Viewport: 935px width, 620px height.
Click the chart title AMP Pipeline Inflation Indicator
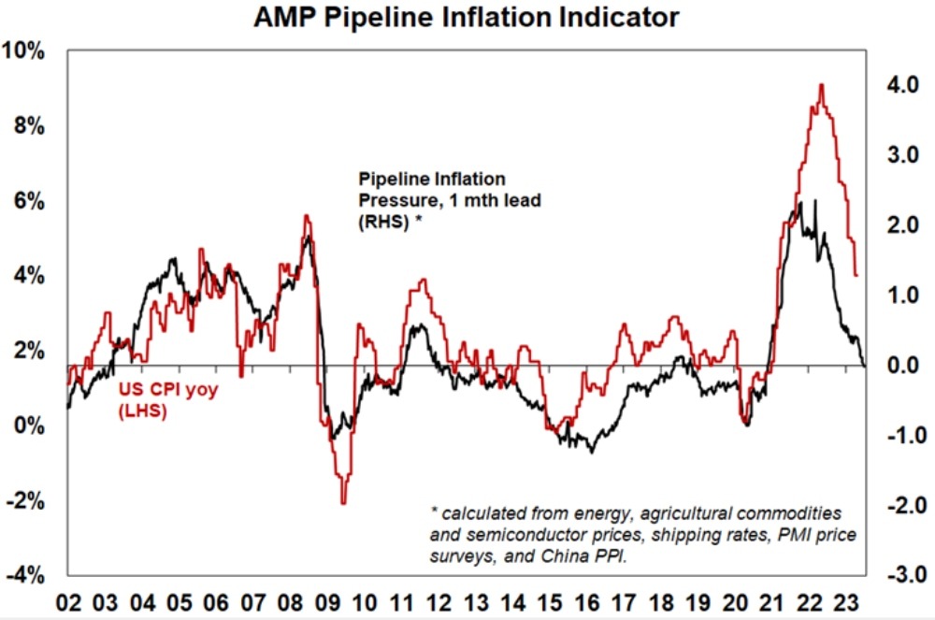click(x=467, y=17)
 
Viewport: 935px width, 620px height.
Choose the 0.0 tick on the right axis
click(x=897, y=365)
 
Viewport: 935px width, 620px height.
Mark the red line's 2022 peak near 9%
click(x=821, y=85)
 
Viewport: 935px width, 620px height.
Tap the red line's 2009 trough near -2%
click(x=343, y=503)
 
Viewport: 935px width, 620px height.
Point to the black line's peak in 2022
click(x=815, y=201)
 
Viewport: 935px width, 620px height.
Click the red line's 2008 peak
click(x=306, y=216)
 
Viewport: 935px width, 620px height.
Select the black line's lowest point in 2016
click(x=592, y=452)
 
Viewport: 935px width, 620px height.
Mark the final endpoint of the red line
click(x=856, y=275)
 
